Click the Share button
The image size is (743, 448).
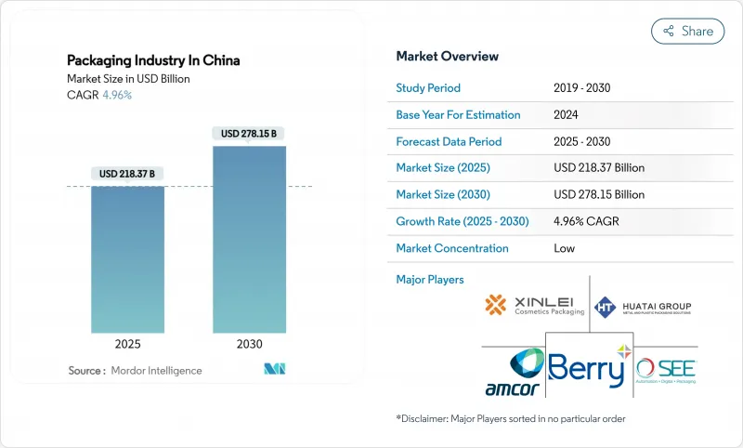(688, 31)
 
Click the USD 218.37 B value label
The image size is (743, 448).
(128, 174)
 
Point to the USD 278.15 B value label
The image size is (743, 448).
(249, 134)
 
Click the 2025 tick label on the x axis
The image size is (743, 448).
(128, 343)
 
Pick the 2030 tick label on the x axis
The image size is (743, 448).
(249, 343)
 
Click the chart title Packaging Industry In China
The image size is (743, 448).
(153, 60)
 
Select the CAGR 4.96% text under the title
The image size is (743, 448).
(99, 95)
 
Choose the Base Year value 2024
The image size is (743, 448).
(567, 115)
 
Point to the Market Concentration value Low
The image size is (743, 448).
(564, 248)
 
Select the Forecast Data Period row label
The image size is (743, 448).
(449, 141)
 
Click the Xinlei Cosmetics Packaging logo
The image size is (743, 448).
(534, 305)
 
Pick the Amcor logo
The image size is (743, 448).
(514, 373)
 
